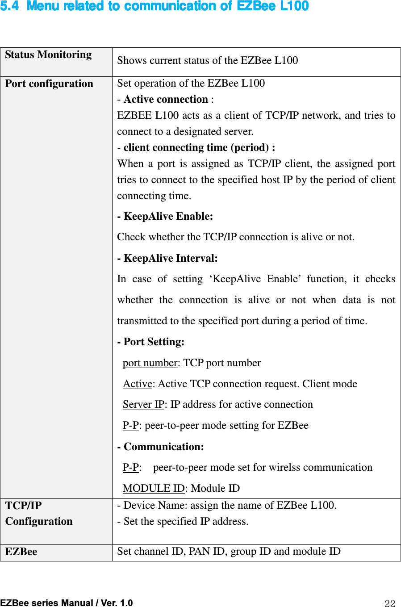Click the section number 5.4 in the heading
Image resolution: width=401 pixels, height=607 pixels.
point(9,6)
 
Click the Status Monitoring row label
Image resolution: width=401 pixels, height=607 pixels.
point(48,55)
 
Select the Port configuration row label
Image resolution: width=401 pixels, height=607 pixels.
point(49,84)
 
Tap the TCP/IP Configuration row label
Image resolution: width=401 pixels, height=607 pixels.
point(39,514)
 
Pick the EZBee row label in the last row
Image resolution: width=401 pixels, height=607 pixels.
point(21,552)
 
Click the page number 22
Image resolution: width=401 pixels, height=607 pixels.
point(390,604)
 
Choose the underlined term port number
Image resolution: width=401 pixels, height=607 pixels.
point(150,363)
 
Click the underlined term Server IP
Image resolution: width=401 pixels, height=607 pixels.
point(143,405)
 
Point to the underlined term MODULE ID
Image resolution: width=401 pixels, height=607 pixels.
point(154,489)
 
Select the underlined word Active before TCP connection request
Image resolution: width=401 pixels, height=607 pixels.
point(138,384)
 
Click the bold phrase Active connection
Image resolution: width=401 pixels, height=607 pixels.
point(166,100)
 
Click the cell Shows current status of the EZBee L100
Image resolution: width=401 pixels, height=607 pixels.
point(207,61)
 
